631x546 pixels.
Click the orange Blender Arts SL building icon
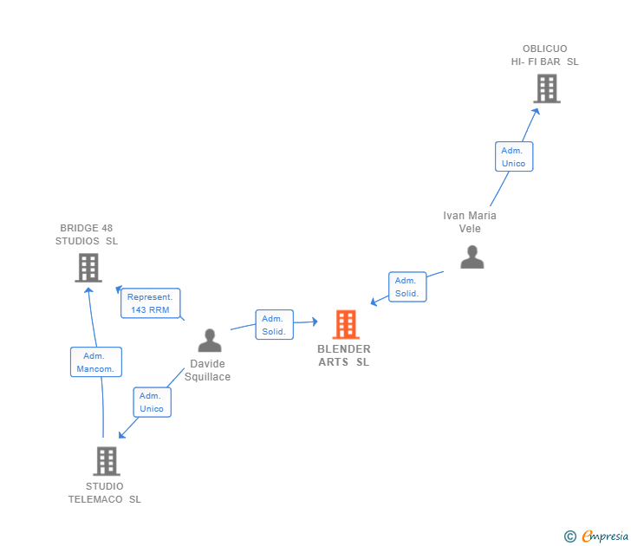click(346, 325)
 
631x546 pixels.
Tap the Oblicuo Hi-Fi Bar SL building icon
click(546, 88)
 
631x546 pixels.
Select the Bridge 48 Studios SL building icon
click(88, 268)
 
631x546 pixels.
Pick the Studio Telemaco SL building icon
click(107, 461)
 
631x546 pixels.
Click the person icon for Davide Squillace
click(210, 341)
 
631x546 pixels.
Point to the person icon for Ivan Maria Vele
click(472, 257)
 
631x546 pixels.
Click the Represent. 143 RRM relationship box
click(151, 303)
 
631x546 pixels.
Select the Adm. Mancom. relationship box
click(95, 362)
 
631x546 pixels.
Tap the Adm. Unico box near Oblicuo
click(513, 157)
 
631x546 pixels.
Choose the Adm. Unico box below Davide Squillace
click(152, 402)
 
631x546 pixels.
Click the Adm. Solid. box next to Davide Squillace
click(274, 325)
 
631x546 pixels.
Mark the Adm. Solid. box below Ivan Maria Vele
click(407, 287)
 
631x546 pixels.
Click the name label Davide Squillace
click(208, 370)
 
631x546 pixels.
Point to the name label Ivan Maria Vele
click(470, 222)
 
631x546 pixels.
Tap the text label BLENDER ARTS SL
click(344, 355)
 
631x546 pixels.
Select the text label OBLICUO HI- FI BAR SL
click(544, 55)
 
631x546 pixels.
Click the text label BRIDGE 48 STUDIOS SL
click(87, 234)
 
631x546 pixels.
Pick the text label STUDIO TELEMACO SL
click(105, 492)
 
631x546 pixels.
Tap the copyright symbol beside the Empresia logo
click(569, 536)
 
